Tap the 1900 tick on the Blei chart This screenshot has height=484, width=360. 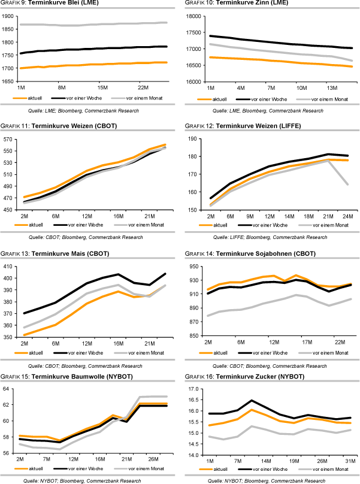tap(10, 16)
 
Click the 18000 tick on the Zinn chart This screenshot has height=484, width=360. tap(196, 16)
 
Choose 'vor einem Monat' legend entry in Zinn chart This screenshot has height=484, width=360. tap(327, 98)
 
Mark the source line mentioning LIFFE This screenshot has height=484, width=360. tap(270, 237)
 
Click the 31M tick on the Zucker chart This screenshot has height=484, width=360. tap(347, 460)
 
